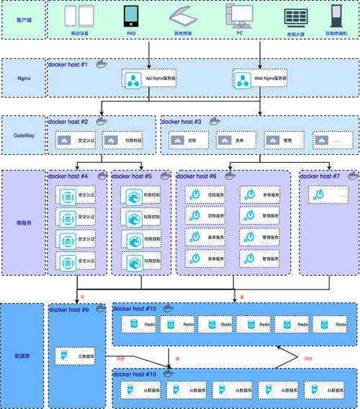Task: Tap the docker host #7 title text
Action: tap(320, 176)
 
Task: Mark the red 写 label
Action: tap(83, 296)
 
